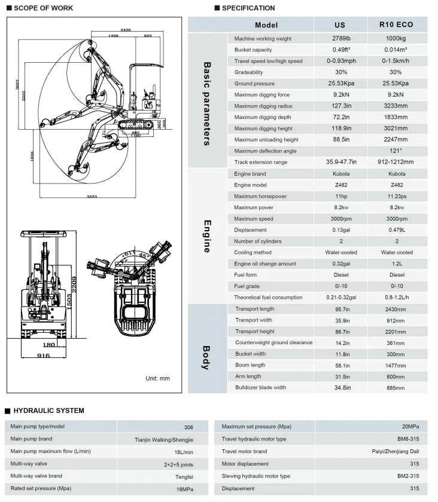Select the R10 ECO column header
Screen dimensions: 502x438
pos(396,25)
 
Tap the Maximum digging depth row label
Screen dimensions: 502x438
pos(263,117)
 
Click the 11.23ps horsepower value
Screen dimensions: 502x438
pos(396,197)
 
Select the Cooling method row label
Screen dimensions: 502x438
pos(253,252)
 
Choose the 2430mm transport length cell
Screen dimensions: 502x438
pos(396,309)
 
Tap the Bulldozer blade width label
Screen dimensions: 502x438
pos(260,387)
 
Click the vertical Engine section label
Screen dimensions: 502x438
pos(207,236)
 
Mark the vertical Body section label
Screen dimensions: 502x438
pos(206,357)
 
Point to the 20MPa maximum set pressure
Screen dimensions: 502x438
pos(409,427)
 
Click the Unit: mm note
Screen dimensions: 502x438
pos(158,378)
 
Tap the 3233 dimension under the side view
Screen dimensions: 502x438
pos(92,195)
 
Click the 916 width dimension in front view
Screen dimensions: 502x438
pos(43,356)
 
